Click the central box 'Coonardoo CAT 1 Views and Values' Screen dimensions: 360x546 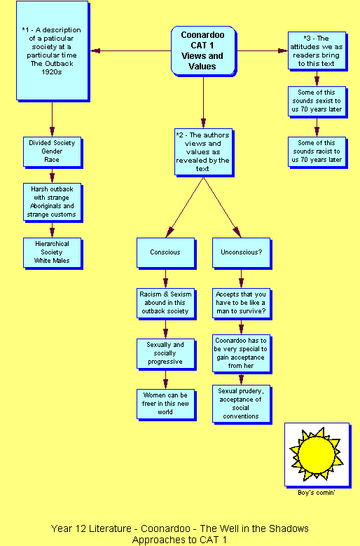[x=204, y=51]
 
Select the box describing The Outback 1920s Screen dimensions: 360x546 [x=53, y=51]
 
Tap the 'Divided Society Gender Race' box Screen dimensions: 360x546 [x=53, y=152]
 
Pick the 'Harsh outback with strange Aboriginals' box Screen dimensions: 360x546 [x=53, y=203]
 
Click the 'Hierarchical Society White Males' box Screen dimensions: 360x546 [x=53, y=253]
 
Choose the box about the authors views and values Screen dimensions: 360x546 [x=204, y=153]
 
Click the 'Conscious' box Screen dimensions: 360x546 [x=166, y=253]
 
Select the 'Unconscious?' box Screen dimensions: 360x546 [x=242, y=253]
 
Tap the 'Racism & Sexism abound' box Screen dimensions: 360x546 [x=166, y=303]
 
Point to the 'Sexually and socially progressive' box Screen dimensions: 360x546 [x=166, y=354]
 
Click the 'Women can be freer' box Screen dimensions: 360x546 [x=166, y=404]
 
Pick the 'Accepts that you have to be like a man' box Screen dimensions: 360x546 [x=242, y=303]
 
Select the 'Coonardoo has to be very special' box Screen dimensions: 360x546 [x=242, y=354]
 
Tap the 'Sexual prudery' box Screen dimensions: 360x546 [x=242, y=404]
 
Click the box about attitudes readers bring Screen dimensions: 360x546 [x=317, y=51]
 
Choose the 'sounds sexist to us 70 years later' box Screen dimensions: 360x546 [x=317, y=102]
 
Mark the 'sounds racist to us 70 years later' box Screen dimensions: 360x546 [x=317, y=153]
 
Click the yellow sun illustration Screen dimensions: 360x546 [x=317, y=454]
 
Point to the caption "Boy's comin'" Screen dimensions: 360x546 [x=316, y=493]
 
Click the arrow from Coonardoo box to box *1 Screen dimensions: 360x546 [x=131, y=51]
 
